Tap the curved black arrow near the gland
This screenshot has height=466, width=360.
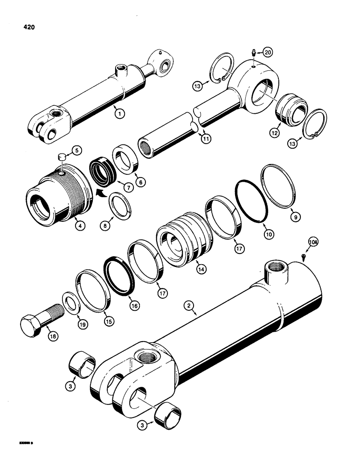pyautogui.click(x=99, y=192)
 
